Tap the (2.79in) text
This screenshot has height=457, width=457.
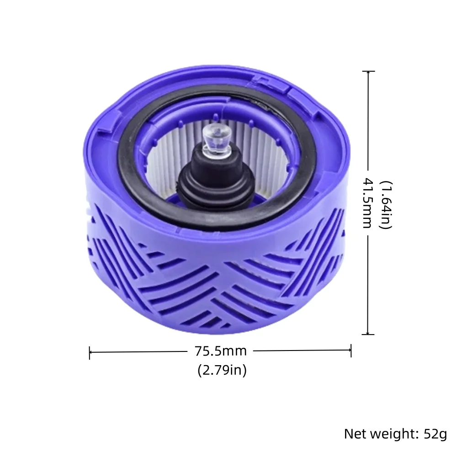pyautogui.click(x=222, y=370)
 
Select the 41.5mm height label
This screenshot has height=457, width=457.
pyautogui.click(x=367, y=203)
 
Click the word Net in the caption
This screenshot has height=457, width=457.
pyautogui.click(x=355, y=433)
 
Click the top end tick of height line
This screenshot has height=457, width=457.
pyautogui.click(x=368, y=72)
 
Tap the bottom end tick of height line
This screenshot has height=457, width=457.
pyautogui.click(x=368, y=335)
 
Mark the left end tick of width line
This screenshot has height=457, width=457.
pyautogui.click(x=90, y=352)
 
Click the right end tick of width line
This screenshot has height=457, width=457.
pyautogui.click(x=351, y=351)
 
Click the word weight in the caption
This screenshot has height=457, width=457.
pyautogui.click(x=394, y=433)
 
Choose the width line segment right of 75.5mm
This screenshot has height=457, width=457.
pyautogui.click(x=302, y=351)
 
